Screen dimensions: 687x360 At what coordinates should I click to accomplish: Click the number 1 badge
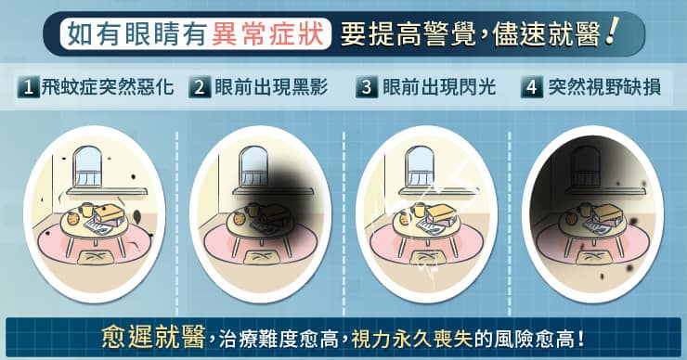click(x=29, y=87)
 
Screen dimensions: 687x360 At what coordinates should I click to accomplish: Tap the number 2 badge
click(x=200, y=87)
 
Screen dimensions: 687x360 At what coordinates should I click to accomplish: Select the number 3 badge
click(x=367, y=87)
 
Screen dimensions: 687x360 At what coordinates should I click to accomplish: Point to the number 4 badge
click(x=531, y=87)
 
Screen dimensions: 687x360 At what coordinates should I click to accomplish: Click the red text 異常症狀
click(x=267, y=33)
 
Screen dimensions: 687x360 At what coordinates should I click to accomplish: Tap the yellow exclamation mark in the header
click(x=610, y=31)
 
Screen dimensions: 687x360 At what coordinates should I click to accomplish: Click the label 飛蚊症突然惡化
click(x=108, y=87)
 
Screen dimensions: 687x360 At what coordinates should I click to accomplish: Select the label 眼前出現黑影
click(x=271, y=87)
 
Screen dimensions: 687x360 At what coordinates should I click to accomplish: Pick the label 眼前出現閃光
click(x=439, y=87)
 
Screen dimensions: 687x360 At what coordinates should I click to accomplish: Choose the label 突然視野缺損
click(x=604, y=87)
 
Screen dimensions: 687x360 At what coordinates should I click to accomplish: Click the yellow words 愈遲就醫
click(x=153, y=337)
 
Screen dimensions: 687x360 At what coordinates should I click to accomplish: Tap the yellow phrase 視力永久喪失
click(x=412, y=338)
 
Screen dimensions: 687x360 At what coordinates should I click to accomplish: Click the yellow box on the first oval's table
click(x=108, y=212)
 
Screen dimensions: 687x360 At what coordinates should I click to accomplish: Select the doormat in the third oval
click(x=429, y=258)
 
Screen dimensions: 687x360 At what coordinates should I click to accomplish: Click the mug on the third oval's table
click(x=419, y=210)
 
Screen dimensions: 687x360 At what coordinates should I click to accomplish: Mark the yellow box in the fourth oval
click(x=606, y=212)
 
